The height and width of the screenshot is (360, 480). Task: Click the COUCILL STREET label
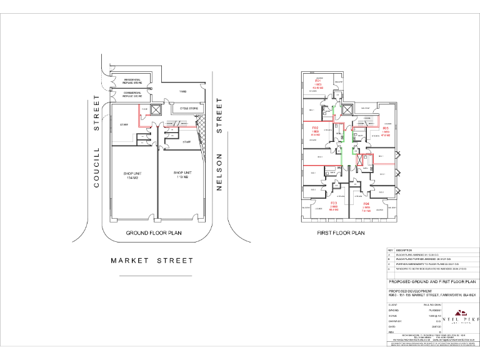[97, 141]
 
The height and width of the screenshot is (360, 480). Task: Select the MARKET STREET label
[152, 261]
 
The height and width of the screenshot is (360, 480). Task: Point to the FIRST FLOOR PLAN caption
[342, 232]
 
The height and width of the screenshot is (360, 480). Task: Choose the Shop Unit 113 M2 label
[182, 174]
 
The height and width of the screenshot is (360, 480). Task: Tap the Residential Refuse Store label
[131, 81]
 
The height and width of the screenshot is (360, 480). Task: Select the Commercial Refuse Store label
[131, 95]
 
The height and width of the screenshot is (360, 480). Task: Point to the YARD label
[183, 92]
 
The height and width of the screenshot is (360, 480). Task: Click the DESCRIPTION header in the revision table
[404, 250]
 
